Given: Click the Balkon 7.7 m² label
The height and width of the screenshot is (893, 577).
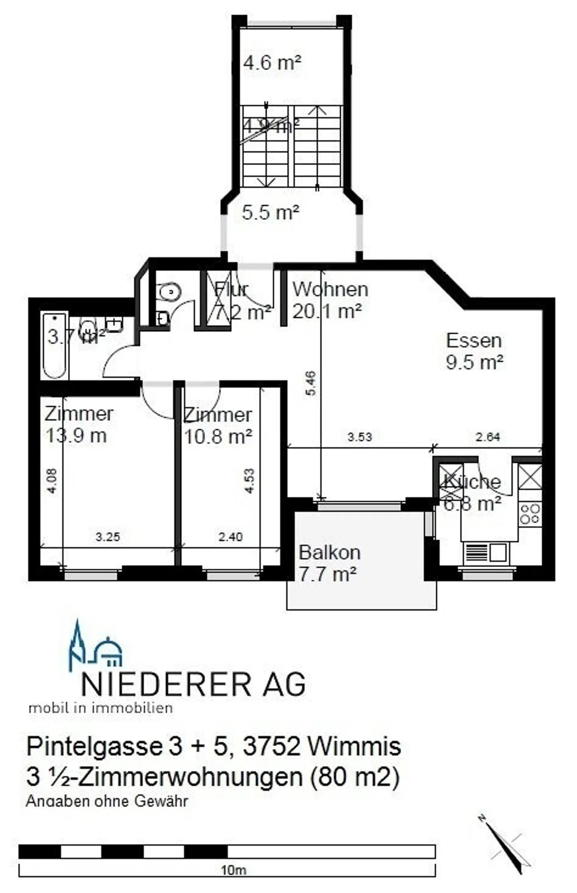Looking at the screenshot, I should (x=329, y=563).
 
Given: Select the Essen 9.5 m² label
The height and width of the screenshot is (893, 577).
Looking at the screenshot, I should (x=474, y=351).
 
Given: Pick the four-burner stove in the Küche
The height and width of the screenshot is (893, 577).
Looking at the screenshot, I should (x=530, y=514).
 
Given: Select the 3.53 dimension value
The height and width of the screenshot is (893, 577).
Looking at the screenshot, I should (x=359, y=437).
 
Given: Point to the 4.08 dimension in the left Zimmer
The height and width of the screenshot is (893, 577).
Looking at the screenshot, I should (x=52, y=481).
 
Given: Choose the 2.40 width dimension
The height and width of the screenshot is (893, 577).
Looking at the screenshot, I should (x=230, y=537).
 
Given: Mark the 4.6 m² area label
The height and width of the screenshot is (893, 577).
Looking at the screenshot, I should (x=272, y=63).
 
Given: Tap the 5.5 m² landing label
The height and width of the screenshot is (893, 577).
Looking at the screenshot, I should (x=270, y=212).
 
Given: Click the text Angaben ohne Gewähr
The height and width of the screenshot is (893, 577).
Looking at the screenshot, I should (x=107, y=801).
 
